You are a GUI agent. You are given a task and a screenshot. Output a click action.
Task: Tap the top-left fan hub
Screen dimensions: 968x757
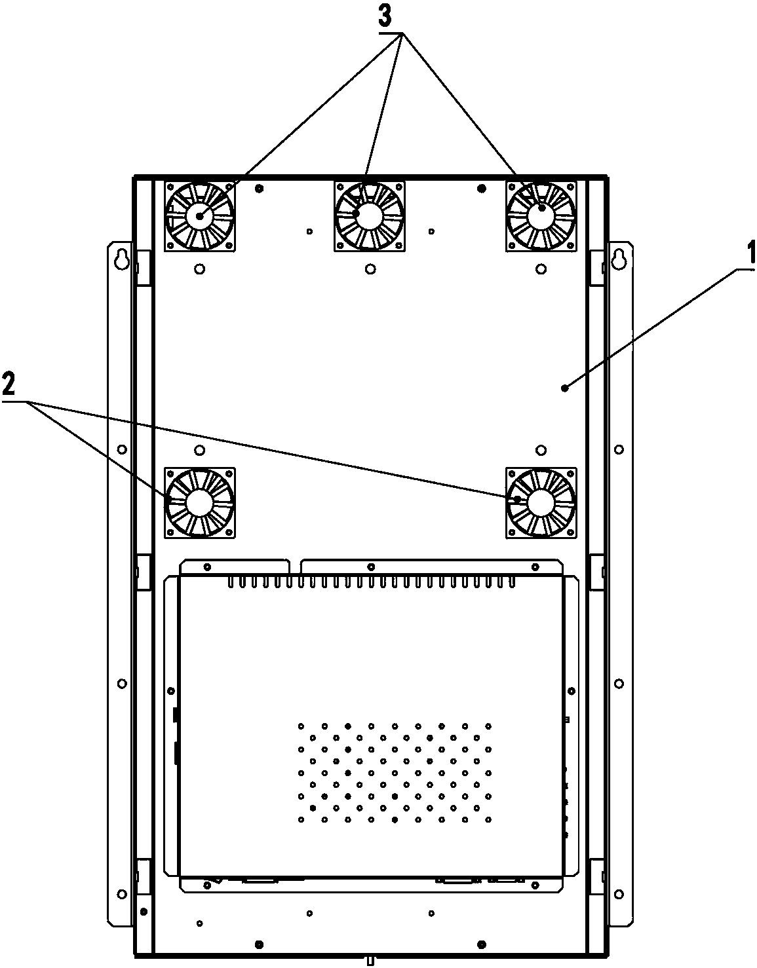click(199, 215)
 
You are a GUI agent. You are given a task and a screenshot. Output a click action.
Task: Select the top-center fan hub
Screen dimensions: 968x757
click(370, 215)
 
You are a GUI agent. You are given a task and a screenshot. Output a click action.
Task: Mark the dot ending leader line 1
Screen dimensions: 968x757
click(564, 388)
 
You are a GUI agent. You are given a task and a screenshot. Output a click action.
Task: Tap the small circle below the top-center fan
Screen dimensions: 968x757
click(370, 269)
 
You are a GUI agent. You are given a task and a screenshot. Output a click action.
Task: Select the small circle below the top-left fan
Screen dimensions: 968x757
click(200, 269)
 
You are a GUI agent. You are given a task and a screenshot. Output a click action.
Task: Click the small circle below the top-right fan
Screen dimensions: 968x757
click(541, 269)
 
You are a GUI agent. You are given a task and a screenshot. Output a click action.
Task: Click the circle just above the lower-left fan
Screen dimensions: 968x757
click(200, 450)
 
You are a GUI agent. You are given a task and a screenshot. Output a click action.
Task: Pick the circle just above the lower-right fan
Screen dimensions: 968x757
click(541, 450)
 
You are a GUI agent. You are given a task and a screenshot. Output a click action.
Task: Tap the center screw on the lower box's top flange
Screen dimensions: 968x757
click(371, 567)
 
